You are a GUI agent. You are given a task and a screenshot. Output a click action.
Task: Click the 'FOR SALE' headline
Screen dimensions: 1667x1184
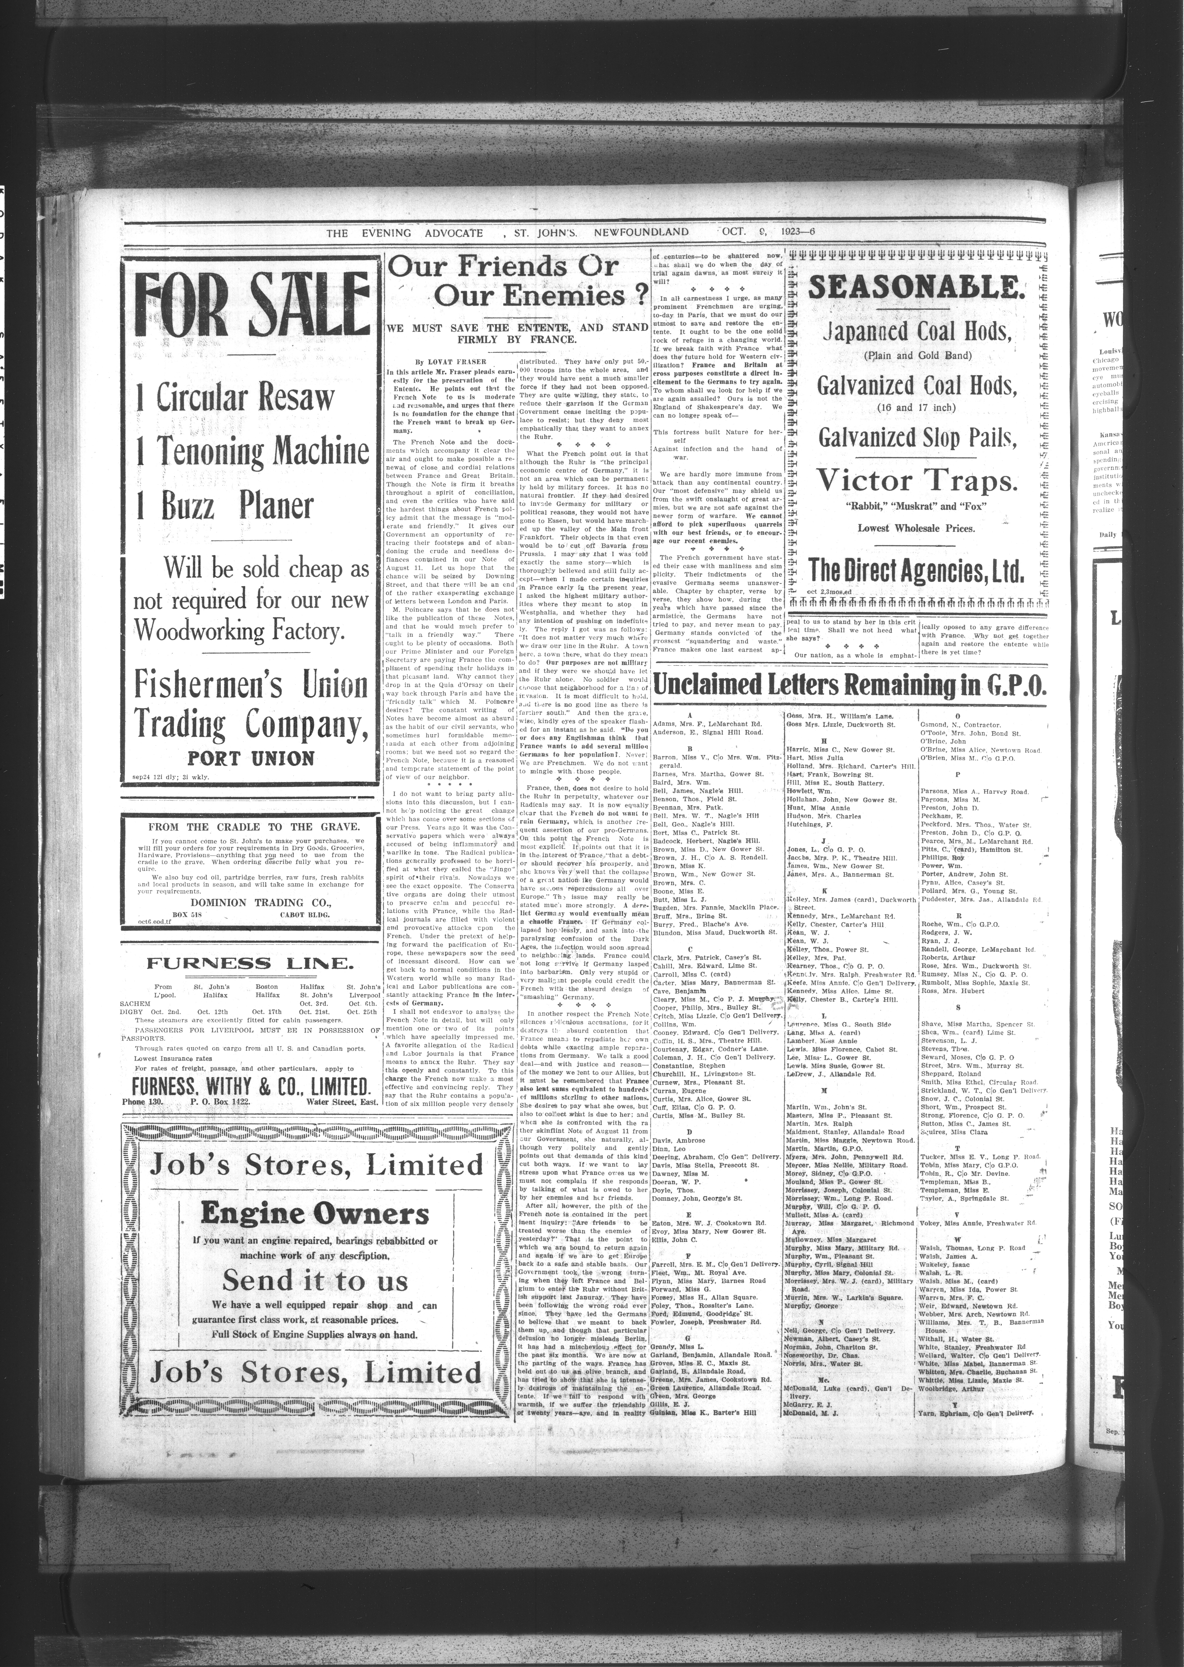tap(252, 305)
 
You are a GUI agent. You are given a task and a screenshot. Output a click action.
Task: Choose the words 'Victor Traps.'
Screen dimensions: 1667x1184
tap(916, 481)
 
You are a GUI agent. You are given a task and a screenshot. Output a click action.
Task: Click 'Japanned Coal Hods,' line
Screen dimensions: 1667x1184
tap(916, 332)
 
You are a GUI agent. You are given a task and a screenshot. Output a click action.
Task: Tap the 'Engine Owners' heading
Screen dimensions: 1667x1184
tap(315, 1213)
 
